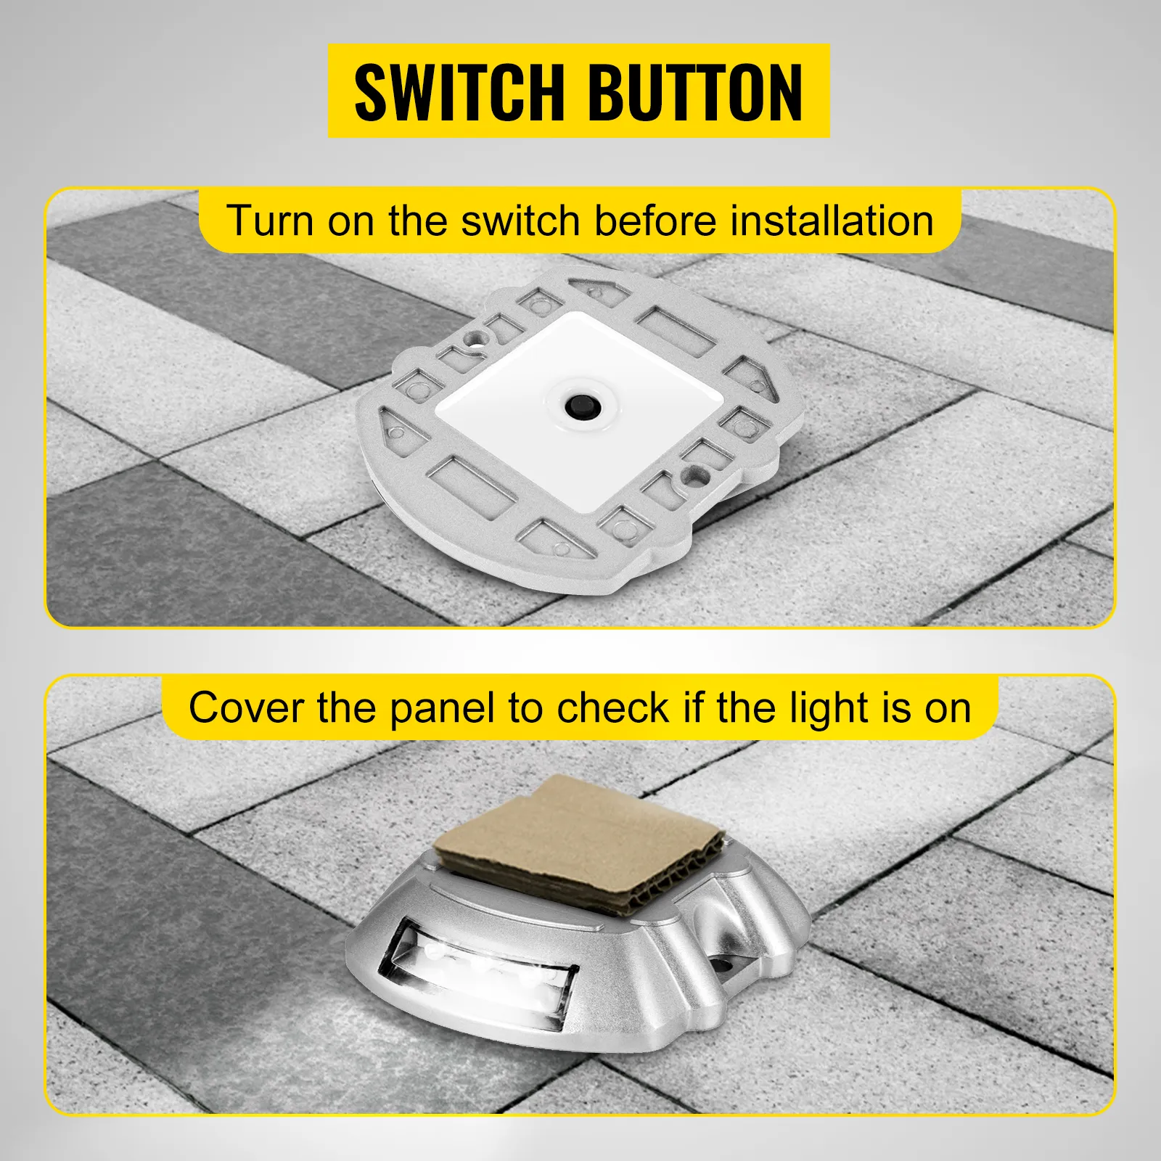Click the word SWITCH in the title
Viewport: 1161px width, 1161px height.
tap(459, 92)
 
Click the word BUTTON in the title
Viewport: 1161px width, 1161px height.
tap(695, 92)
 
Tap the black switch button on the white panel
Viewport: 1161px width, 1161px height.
tap(580, 402)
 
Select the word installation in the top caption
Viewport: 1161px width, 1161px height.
tap(832, 221)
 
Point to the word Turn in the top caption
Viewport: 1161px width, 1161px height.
tap(269, 221)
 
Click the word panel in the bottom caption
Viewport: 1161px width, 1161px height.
tap(443, 709)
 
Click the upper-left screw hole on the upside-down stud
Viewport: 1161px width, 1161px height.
tap(475, 337)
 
